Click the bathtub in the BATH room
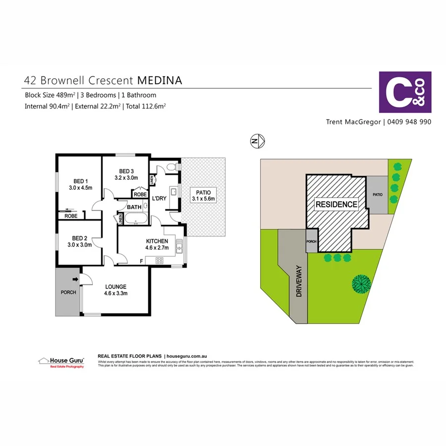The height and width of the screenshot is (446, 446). pyautogui.click(x=134, y=219)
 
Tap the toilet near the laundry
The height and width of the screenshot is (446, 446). pyautogui.click(x=171, y=167)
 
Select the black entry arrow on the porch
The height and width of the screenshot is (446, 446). pyautogui.click(x=75, y=280)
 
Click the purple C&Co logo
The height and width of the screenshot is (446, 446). pyautogui.click(x=405, y=92)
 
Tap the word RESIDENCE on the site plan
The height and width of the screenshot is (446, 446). pyautogui.click(x=336, y=204)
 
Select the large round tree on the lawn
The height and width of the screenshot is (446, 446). pyautogui.click(x=362, y=283)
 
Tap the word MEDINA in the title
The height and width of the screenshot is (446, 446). pyautogui.click(x=159, y=80)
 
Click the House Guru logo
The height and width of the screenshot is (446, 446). pyautogui.click(x=61, y=362)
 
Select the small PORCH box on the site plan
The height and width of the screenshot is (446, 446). pyautogui.click(x=312, y=242)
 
